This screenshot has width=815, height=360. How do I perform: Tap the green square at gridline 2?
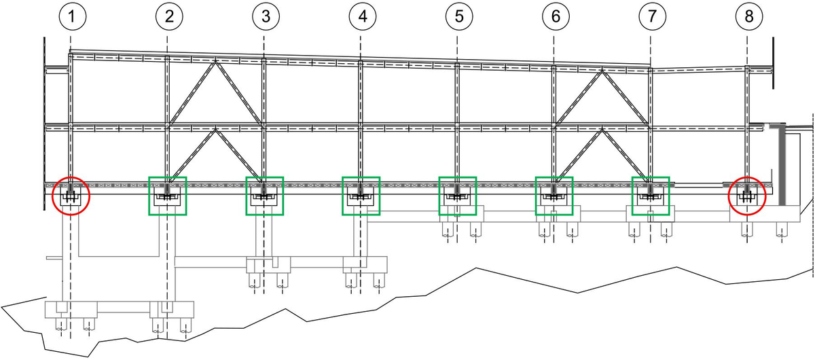click(x=167, y=196)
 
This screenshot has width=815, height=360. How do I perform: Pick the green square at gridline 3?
click(x=264, y=196)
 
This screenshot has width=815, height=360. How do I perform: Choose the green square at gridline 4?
click(x=361, y=196)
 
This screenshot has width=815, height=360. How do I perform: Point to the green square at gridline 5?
click(x=458, y=196)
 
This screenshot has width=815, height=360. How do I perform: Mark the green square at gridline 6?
click(x=554, y=196)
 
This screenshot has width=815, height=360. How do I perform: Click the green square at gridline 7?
click(x=651, y=196)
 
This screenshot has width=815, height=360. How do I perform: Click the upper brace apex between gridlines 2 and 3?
click(x=215, y=62)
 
